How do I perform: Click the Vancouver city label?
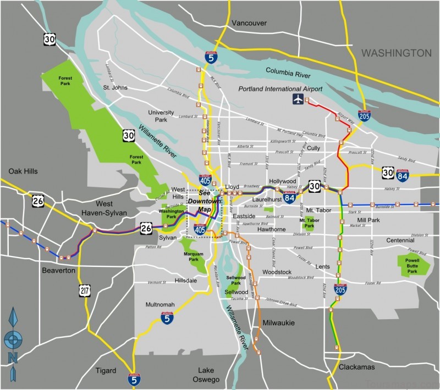pyautogui.click(x=249, y=23)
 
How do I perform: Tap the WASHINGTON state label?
pyautogui.click(x=396, y=53)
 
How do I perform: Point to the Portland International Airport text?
pyautogui.click(x=280, y=89)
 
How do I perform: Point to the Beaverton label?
pyautogui.click(x=58, y=270)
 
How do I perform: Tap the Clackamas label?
pyautogui.click(x=356, y=367)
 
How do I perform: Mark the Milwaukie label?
pyautogui.click(x=279, y=322)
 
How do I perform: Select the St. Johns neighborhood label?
pyautogui.click(x=115, y=87)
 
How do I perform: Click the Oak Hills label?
pyautogui.click(x=23, y=171)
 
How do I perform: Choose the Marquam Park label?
pyautogui.click(x=193, y=257)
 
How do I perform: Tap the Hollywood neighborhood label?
pyautogui.click(x=283, y=181)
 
